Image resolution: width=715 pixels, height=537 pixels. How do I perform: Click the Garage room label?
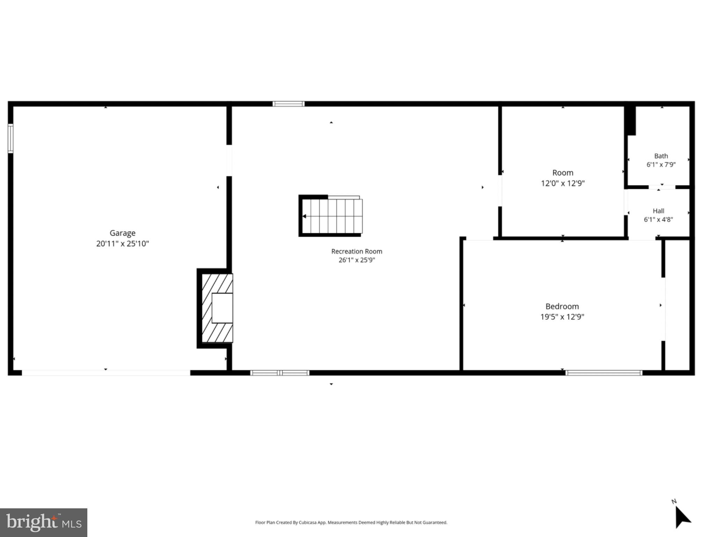coord(122,233)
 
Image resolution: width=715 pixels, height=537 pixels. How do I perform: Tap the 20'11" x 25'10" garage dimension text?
coord(122,244)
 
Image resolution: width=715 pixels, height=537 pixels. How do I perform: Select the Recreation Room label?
coord(357,251)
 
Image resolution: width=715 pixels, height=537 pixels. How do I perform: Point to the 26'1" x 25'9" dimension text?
coord(357,260)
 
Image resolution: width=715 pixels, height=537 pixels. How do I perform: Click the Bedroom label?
coord(562,306)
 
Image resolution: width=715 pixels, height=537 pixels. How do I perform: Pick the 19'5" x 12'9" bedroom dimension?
coord(562,317)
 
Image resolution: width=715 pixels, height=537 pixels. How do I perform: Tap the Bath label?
coord(661,156)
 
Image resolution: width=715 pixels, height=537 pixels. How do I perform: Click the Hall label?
coord(658,211)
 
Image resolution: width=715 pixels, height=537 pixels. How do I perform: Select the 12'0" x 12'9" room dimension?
coord(563,183)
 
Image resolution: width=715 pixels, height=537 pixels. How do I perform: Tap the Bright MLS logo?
coord(44,522)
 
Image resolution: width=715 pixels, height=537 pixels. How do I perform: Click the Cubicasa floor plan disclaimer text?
coord(351,522)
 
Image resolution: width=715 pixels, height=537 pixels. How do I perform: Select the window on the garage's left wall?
coord(10,138)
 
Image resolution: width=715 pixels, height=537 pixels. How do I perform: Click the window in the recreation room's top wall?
coord(289,104)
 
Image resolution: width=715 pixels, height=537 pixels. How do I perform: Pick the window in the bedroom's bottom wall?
coord(604,373)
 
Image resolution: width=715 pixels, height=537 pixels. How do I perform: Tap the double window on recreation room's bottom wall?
coord(280,373)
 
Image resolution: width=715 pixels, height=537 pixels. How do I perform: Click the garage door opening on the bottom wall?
coord(106,373)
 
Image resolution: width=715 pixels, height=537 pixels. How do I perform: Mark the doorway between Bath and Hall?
coord(662,187)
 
